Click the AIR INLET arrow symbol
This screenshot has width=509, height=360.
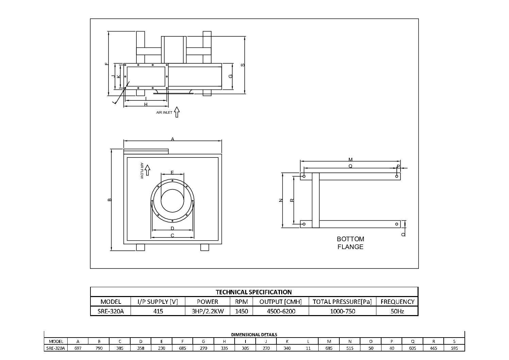(176, 112)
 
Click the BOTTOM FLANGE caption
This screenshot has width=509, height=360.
(350, 243)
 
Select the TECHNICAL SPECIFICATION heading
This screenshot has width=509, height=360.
(254, 292)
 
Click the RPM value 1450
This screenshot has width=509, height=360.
(241, 311)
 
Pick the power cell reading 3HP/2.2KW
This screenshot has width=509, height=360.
(207, 311)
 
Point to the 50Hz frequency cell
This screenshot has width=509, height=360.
(397, 311)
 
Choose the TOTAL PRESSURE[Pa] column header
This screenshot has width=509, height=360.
(342, 301)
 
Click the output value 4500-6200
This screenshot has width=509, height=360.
(281, 311)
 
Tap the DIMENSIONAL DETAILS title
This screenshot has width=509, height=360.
(254, 334)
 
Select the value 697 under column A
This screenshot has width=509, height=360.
(78, 348)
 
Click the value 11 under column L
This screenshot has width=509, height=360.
(308, 348)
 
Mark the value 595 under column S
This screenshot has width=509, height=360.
(454, 348)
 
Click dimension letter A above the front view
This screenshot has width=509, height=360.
(172, 139)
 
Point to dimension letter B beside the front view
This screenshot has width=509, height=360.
(109, 200)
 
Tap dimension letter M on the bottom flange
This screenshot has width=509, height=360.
(351, 159)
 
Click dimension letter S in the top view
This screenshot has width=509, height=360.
(243, 65)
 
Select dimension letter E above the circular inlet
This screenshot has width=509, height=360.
(172, 172)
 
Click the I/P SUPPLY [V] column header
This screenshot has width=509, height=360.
(158, 301)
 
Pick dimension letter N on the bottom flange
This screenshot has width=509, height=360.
(280, 200)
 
